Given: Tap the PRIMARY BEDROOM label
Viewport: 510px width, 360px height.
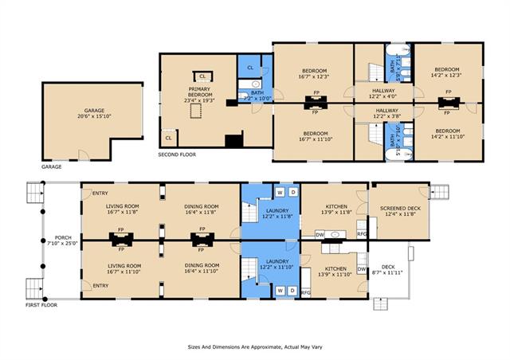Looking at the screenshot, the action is (x=200, y=92).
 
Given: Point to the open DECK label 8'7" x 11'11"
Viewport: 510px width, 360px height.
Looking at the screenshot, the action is (x=388, y=269).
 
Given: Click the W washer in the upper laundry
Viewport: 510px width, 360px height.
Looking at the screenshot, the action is (x=280, y=193).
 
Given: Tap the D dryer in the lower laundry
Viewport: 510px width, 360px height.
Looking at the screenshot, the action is (x=292, y=291).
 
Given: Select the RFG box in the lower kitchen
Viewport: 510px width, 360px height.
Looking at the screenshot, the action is (x=306, y=292).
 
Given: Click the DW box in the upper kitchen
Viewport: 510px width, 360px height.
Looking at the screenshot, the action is (x=320, y=234).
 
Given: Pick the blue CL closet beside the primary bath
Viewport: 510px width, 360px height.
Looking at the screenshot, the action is (x=250, y=68).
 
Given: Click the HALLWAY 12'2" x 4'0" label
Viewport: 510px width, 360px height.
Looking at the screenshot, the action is (x=383, y=93).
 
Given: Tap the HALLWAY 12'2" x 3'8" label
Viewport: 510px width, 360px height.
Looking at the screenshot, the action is (x=386, y=113).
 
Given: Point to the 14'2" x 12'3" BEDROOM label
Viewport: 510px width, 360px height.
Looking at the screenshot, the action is (x=447, y=72).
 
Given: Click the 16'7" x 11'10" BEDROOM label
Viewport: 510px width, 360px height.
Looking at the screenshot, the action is (x=316, y=136).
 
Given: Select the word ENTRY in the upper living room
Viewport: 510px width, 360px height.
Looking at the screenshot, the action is (x=100, y=194).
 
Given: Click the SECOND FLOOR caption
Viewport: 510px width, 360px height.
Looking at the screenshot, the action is (x=177, y=155).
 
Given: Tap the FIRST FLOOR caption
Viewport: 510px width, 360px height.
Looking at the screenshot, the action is (x=41, y=305).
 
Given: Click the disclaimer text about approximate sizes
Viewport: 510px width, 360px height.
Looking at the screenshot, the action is (x=255, y=347).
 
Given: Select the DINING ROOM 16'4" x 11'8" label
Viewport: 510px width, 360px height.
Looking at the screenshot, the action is (x=202, y=209).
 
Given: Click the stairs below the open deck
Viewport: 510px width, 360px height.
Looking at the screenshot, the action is (x=381, y=304).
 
